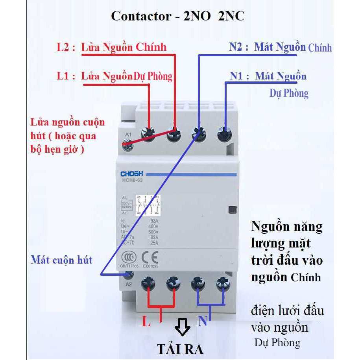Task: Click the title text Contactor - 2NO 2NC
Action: click(177, 17)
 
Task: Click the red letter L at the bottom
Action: click(146, 323)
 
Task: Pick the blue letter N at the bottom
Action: click(203, 322)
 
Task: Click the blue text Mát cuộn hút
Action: click(62, 260)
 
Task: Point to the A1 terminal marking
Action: click(128, 135)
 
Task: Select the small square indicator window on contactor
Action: click(232, 210)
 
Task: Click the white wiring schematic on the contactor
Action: click(148, 205)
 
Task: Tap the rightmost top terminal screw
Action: click(224, 135)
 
